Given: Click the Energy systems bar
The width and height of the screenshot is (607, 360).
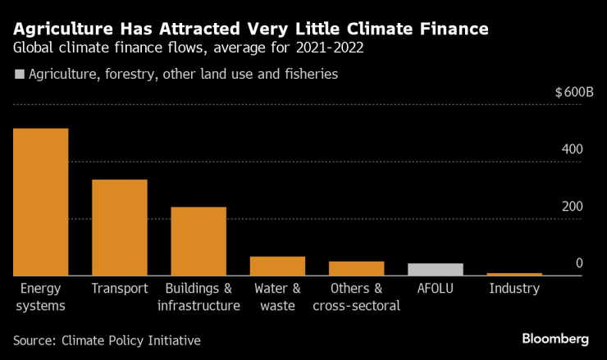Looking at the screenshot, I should point(41,202).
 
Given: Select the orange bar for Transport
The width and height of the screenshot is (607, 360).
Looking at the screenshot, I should point(120,227).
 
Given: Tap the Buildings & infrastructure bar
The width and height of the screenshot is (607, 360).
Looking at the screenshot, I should point(199,241).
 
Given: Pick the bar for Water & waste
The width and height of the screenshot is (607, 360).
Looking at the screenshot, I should point(277,266).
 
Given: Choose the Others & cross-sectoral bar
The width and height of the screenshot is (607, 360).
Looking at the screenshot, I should point(357,268).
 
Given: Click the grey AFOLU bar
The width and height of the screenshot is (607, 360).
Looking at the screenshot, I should point(436,269).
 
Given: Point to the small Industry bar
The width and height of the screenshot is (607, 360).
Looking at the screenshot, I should point(514,274).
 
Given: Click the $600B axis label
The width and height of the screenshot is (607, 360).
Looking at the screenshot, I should point(573,93).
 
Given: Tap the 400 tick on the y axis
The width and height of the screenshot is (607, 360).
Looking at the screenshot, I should point(572,149).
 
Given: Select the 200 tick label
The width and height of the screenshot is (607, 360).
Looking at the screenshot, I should point(572,206).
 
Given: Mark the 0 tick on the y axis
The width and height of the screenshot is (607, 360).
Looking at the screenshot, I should point(578,262).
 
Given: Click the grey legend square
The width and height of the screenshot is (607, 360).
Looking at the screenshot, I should point(19,75).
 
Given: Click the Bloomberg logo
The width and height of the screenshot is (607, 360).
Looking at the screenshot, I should point(555,338).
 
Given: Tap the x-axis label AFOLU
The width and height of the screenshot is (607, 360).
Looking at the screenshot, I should point(436,289).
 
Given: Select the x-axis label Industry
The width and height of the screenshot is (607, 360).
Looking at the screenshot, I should point(514,289).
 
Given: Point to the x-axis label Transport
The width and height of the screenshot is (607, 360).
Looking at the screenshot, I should point(120,289).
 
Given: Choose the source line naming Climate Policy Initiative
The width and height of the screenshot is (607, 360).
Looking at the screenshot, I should point(107,339).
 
